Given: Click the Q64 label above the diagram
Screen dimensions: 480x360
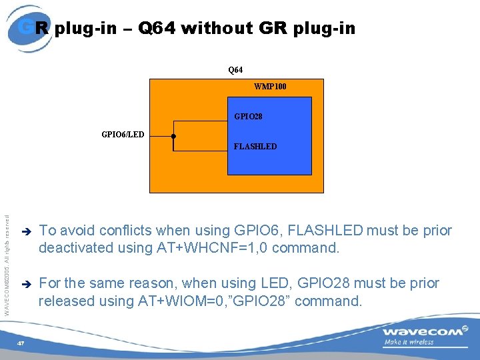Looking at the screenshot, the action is [235, 69].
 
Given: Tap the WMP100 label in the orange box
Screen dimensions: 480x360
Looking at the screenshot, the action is [270, 87].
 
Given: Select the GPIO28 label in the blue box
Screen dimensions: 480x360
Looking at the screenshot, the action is [248, 117].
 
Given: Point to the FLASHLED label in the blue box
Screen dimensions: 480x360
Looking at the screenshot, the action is [255, 146].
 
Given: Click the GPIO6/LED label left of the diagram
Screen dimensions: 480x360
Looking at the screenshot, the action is [122, 135].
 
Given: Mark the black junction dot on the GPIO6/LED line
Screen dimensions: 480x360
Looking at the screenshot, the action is [173, 136].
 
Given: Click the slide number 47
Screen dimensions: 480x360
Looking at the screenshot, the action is [21, 343].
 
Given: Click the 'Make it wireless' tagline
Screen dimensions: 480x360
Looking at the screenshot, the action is [408, 343].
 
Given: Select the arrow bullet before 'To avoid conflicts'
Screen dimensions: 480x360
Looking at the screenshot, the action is [26, 231].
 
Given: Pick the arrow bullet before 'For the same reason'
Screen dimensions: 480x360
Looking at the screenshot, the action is [26, 284].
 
